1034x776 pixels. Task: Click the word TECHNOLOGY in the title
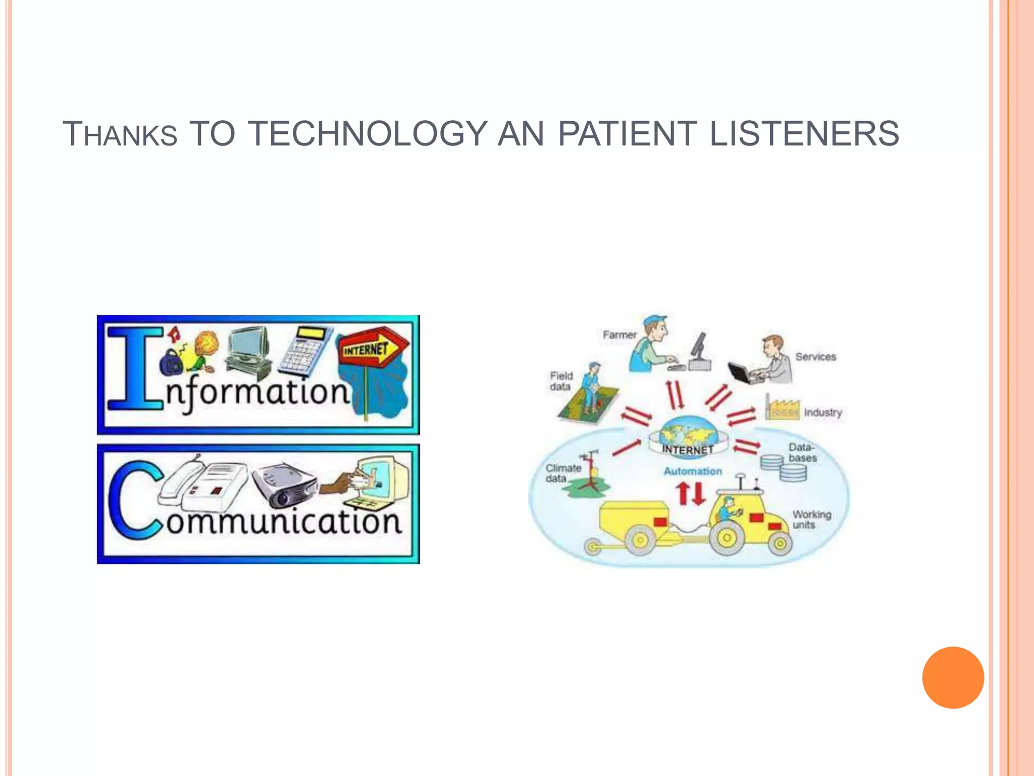click(x=368, y=134)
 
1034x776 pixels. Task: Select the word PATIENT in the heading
click(x=628, y=134)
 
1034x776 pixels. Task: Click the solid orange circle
click(x=953, y=677)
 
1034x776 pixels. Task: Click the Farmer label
click(x=619, y=335)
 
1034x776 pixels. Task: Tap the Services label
click(x=815, y=357)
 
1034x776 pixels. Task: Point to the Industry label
click(x=822, y=412)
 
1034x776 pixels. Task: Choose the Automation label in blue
click(x=692, y=471)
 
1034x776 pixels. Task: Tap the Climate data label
click(x=562, y=473)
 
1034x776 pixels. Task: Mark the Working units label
click(x=811, y=519)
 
